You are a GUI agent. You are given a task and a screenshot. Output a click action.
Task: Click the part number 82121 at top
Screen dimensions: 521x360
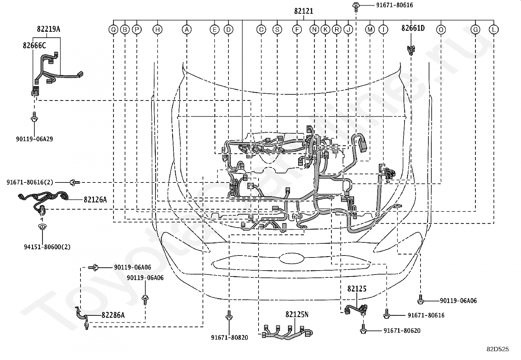[x=303, y=11]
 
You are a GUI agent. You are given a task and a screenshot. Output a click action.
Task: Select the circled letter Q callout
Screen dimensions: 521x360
[x=114, y=29]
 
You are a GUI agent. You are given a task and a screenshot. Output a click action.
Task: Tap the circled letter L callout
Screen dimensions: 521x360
[x=494, y=29]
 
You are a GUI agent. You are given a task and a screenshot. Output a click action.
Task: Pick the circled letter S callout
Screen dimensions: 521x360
[x=277, y=29]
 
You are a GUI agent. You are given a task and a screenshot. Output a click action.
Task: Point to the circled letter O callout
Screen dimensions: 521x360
[x=441, y=29]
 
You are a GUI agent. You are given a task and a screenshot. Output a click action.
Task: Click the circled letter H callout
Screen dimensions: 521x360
[x=157, y=29]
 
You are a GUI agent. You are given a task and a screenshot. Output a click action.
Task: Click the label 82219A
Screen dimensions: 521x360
[x=49, y=29]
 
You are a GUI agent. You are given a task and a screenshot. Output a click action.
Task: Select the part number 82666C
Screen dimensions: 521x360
[x=34, y=46]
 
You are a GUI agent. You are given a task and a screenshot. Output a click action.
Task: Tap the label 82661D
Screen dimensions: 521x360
[x=413, y=28]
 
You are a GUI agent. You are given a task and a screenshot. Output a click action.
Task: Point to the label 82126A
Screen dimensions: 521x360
[x=95, y=199]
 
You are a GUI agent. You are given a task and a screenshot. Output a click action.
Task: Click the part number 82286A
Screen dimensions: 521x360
[x=113, y=315]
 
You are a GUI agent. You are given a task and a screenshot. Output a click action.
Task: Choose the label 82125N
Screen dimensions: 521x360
[x=297, y=314]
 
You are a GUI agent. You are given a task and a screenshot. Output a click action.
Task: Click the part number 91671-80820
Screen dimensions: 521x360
[x=229, y=337]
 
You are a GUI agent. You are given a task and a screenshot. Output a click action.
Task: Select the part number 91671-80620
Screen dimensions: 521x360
[x=402, y=331]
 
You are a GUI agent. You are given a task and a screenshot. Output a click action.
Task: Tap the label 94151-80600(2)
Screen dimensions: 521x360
[x=47, y=247]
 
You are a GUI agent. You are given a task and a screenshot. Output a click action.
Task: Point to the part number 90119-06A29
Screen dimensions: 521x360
[x=34, y=139]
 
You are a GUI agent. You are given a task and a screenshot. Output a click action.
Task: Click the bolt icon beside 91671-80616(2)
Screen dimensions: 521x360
[x=75, y=182]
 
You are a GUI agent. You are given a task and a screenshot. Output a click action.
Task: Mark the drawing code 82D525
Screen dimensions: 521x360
[x=498, y=349]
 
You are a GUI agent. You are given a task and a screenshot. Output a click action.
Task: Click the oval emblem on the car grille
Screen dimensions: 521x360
[x=292, y=259]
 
